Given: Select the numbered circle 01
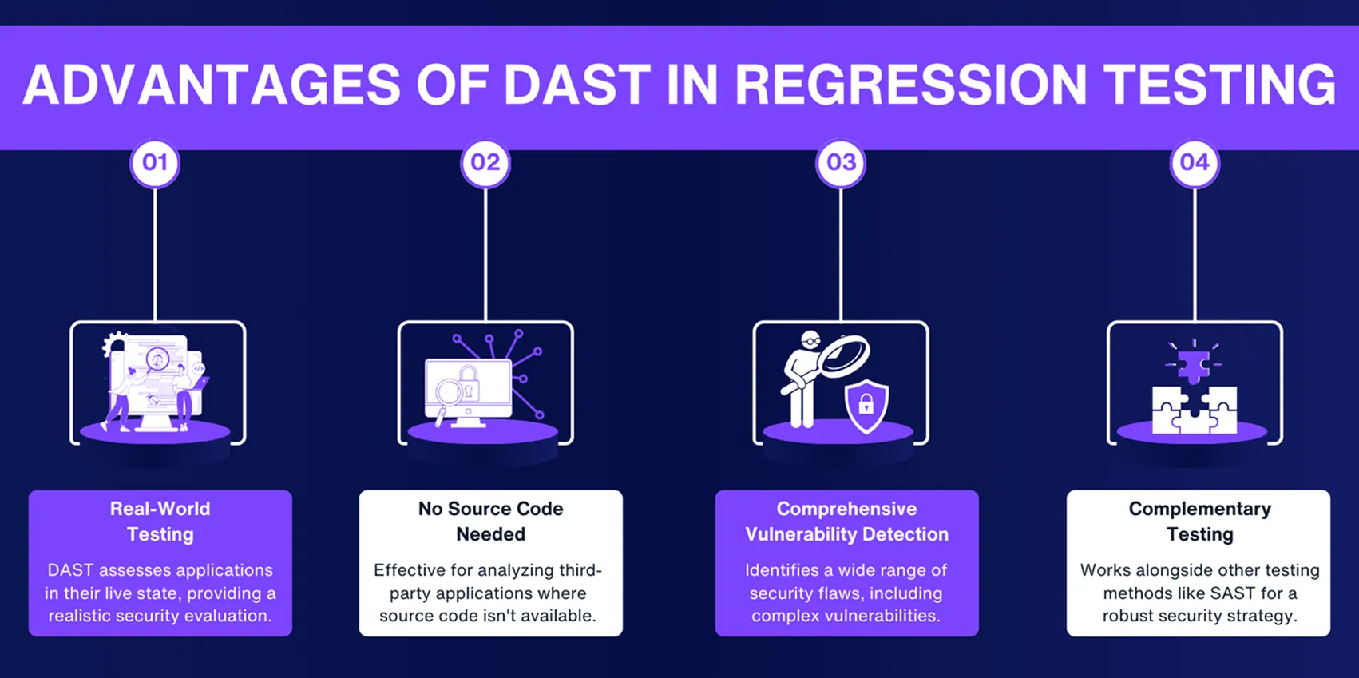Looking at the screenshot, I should coord(155,163).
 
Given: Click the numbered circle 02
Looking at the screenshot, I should coord(485,163).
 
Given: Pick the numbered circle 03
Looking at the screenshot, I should coord(841,163).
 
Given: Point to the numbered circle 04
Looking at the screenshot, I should coord(1195,163).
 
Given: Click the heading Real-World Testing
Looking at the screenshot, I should coord(160,521).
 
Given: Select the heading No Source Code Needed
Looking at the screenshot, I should coord(490,521).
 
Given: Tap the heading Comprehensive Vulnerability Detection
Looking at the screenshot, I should coord(846,521).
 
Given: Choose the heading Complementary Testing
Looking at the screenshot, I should coord(1199,521).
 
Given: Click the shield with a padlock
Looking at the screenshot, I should coord(866,406).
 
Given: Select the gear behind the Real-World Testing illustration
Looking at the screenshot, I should coord(114,345).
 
